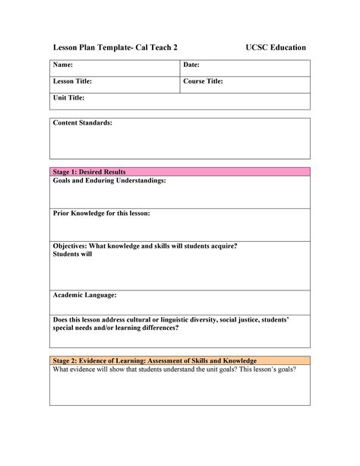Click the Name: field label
[x=63, y=67]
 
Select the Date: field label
[x=191, y=67]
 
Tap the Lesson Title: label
[x=72, y=82]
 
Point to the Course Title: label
[x=203, y=82]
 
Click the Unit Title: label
[x=68, y=98]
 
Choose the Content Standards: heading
[x=83, y=123]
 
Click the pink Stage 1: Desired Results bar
[x=180, y=172]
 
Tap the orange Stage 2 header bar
[x=180, y=360]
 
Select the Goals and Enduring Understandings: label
[x=109, y=181]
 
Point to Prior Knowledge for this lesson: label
[x=101, y=214]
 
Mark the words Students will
[x=73, y=255]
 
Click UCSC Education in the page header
[x=276, y=48]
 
